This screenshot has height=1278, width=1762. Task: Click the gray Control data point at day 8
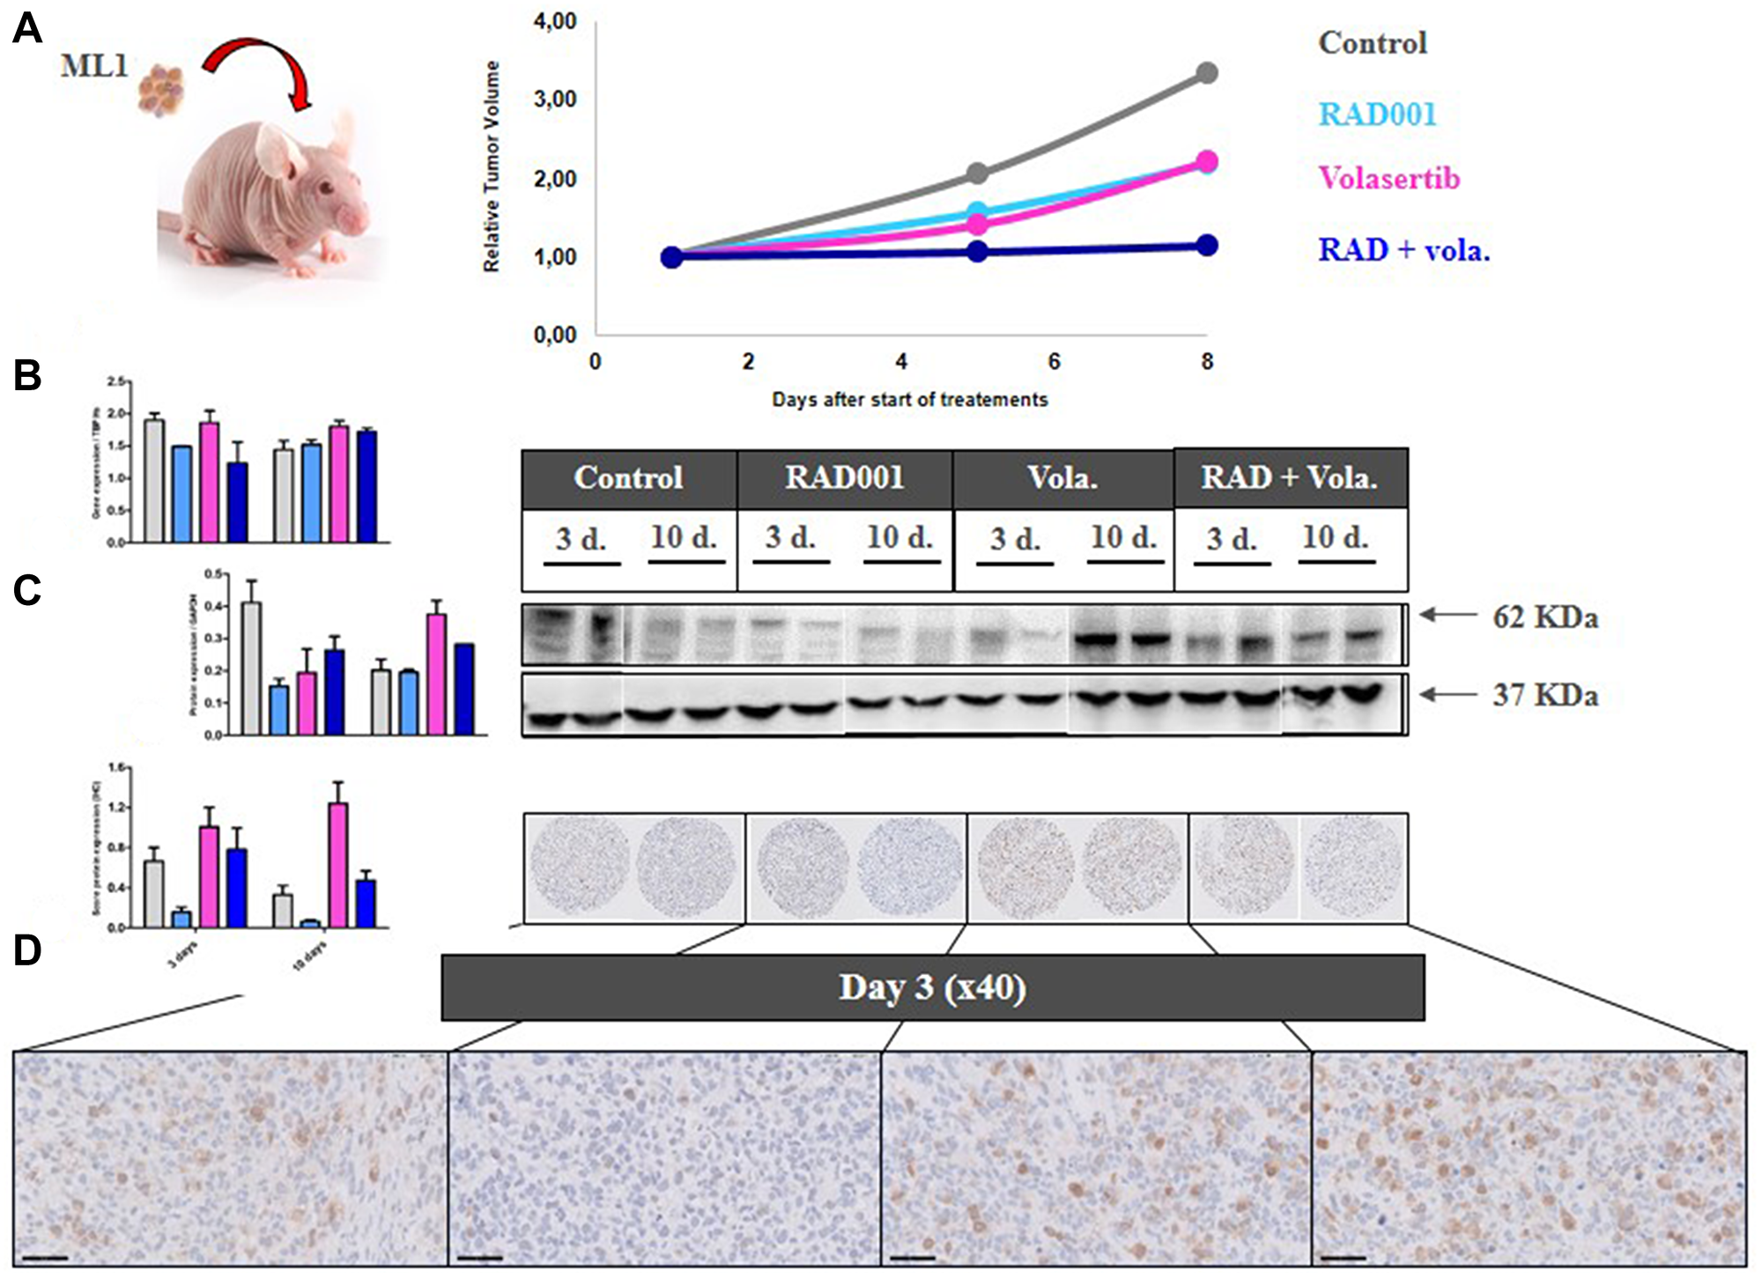1208,73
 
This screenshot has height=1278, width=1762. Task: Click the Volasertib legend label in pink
1389,179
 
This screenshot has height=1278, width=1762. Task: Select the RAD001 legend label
1377,115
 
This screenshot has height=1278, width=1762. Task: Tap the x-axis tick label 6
1054,362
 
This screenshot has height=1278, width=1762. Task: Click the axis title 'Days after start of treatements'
909,400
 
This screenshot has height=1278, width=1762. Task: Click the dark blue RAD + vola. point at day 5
977,251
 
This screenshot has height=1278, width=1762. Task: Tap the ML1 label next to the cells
94,66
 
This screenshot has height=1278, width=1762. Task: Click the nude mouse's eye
328,187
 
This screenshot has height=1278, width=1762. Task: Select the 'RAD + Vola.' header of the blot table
1289,478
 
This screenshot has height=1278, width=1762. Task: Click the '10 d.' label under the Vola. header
1123,537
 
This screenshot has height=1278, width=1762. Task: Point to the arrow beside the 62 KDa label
1447,616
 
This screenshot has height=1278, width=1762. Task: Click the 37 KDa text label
1545,696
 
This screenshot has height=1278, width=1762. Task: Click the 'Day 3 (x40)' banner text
932,987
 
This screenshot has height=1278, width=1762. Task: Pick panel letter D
27,951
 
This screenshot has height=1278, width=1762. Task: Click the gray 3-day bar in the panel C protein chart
251,668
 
